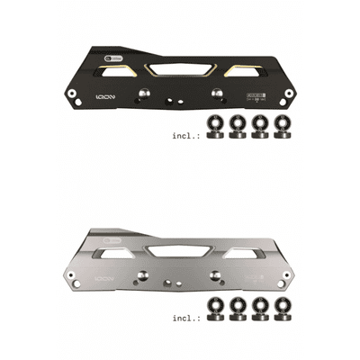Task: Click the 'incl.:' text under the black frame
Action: pos(186,136)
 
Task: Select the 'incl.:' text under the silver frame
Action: pos(186,319)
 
